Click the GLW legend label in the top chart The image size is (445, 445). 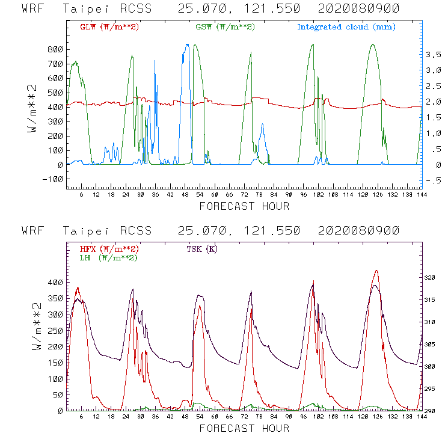click(x=109, y=27)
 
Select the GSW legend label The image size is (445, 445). click(x=225, y=27)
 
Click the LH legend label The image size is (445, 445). click(x=108, y=257)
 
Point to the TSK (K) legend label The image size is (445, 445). click(x=202, y=249)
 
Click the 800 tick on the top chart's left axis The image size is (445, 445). click(x=56, y=49)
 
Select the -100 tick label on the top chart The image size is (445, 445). click(x=54, y=179)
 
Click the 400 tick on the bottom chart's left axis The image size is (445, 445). click(x=56, y=282)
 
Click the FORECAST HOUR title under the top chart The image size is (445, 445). click(x=244, y=206)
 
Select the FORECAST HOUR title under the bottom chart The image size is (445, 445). click(x=244, y=428)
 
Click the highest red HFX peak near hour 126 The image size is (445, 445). click(x=376, y=271)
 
